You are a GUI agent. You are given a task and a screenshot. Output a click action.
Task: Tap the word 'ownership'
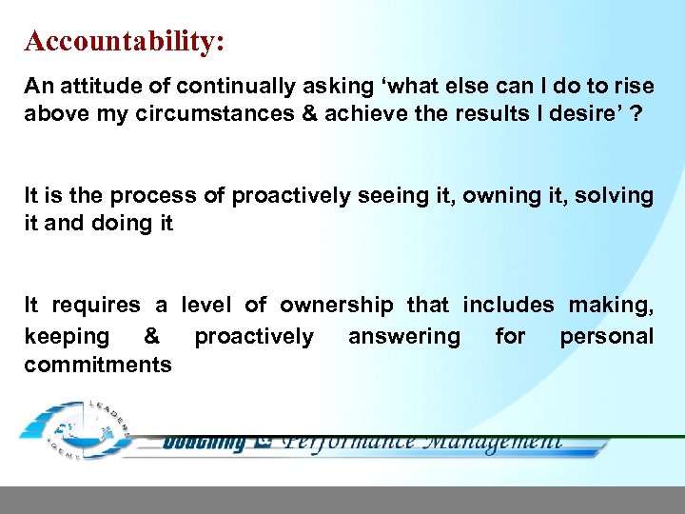pos(336,306)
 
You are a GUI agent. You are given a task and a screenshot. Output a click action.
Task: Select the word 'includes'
pos(507,306)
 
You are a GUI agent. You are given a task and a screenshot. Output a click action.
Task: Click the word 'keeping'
pos(67,337)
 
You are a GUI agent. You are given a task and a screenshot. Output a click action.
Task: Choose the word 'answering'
pos(403,337)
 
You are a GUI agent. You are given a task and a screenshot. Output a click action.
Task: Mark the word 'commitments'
pos(98,366)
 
